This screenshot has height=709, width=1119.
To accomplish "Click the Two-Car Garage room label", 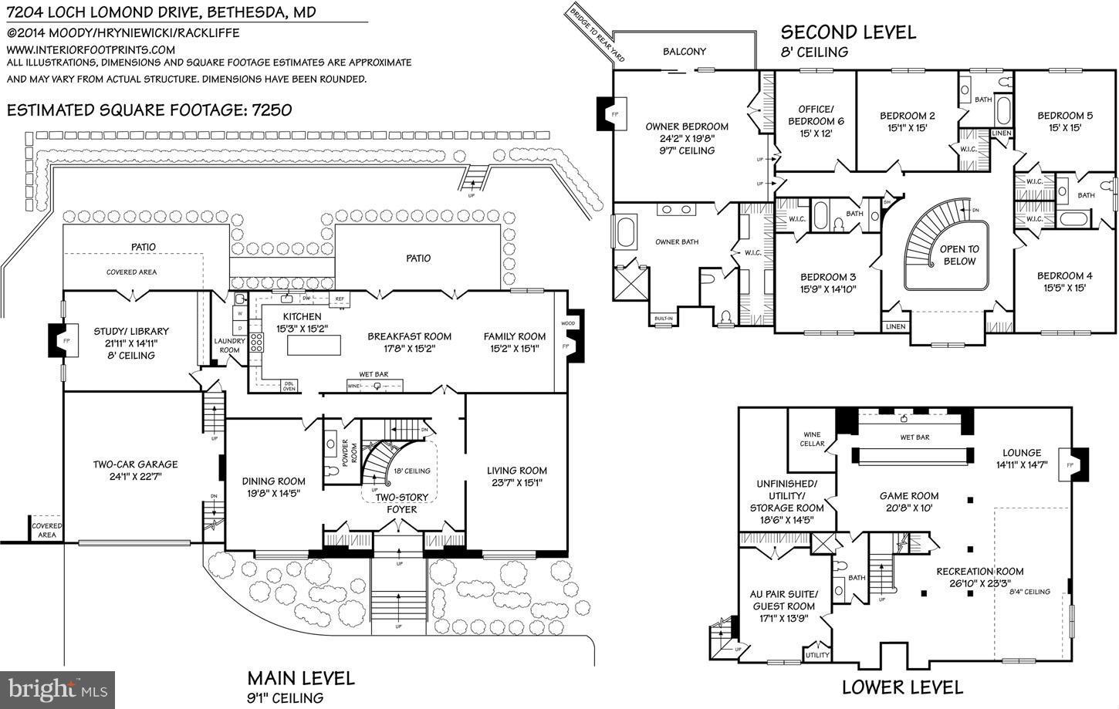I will tap(135, 464).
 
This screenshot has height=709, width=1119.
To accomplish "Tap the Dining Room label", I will tap(274, 481).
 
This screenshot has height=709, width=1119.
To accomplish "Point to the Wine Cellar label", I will tap(813, 439).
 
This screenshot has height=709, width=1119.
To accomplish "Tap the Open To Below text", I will tap(958, 255).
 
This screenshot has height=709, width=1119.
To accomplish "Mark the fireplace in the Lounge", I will tap(1072, 465).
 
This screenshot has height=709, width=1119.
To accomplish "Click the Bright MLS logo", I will tap(58, 688).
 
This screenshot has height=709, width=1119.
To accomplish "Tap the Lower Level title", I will tap(901, 687).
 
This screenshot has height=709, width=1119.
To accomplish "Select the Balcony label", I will tap(685, 52).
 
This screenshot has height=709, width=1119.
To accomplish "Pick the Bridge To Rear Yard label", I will tap(596, 35).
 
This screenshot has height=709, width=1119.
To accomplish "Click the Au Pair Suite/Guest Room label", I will tap(783, 600).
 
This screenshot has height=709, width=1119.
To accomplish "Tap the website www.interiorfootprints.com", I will tap(91, 49).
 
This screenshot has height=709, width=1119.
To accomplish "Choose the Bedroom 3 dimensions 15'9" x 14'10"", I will tap(828, 289).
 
